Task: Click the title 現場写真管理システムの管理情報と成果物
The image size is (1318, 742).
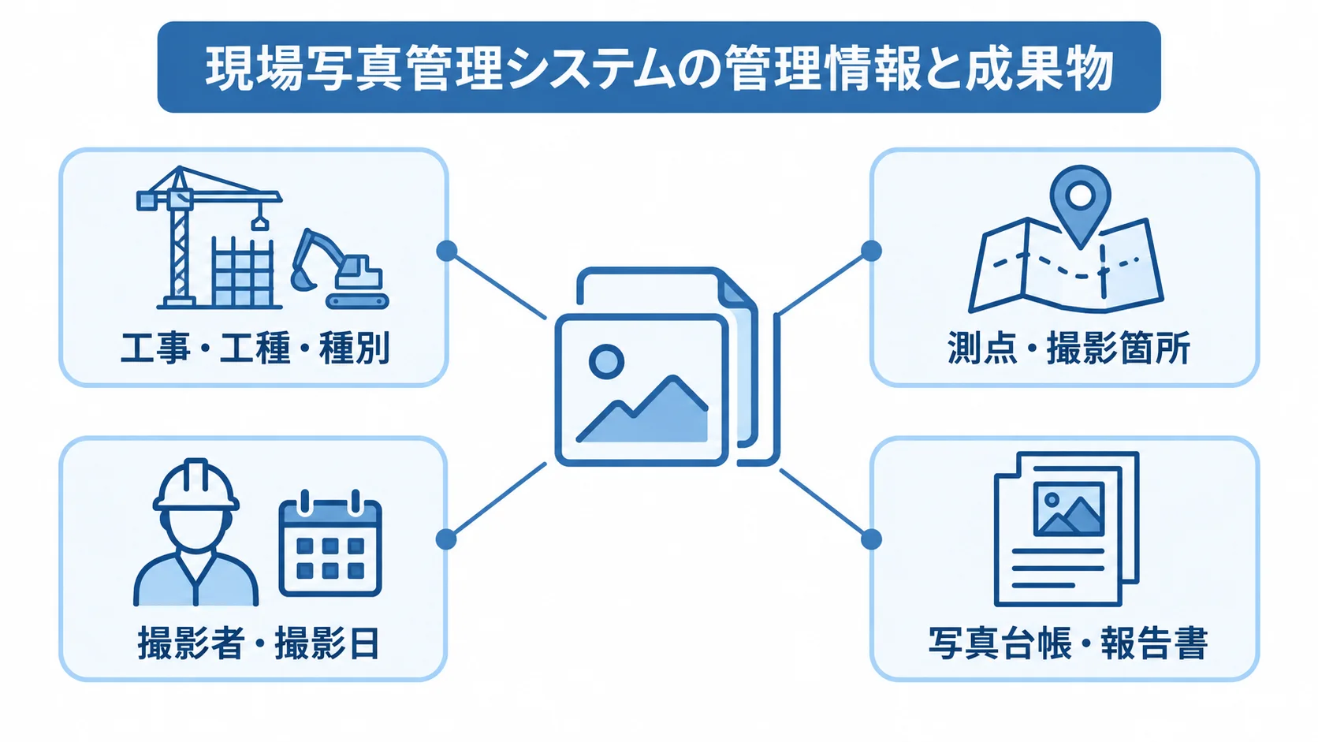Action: tap(659, 68)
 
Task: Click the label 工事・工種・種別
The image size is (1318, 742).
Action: tap(255, 349)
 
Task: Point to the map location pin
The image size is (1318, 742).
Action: tap(1080, 203)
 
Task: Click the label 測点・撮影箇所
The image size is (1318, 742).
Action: tap(1069, 349)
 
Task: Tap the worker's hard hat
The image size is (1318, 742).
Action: tap(196, 485)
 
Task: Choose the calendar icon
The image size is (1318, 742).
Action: tap(330, 543)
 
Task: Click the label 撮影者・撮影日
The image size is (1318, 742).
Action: tap(259, 643)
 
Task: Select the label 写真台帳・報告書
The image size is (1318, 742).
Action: tap(1068, 643)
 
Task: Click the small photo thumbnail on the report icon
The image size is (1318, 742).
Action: tap(1069, 509)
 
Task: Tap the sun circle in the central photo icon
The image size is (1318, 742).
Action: tap(607, 361)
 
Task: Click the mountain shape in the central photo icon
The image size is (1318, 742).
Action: tap(643, 412)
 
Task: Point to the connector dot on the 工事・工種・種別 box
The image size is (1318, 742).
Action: tap(447, 251)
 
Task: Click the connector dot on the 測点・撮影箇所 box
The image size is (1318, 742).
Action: tap(871, 251)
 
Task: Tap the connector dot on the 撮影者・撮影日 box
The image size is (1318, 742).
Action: tap(447, 539)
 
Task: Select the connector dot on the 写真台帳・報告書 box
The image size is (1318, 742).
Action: tap(871, 539)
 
